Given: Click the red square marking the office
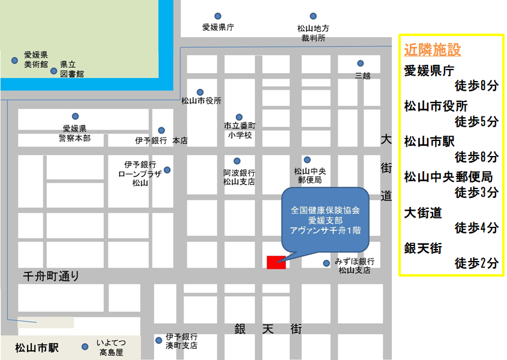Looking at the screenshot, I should point(276,262).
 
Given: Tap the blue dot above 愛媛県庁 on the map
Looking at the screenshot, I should point(217,16).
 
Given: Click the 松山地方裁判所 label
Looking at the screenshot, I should point(313,33).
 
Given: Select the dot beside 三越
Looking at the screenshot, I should point(361,64).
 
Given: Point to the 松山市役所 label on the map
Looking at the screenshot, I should point(201,101).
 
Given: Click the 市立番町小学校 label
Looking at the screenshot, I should point(239,131).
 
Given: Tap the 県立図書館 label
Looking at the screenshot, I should point(72,69).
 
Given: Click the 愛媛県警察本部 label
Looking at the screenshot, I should point(76,133).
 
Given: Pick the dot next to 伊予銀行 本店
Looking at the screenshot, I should point(161,130).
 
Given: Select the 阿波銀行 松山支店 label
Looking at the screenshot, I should point(239,176).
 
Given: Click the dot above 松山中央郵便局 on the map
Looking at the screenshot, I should point(307,160).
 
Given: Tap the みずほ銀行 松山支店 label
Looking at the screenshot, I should point(356,266).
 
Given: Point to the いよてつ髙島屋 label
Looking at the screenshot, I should point(111,348).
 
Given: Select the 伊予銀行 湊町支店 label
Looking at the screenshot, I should point(182,341).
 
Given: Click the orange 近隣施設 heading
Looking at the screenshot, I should point(432,50).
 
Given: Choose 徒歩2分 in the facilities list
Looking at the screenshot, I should point(476,263).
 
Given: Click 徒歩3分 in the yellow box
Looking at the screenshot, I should point(476,193).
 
